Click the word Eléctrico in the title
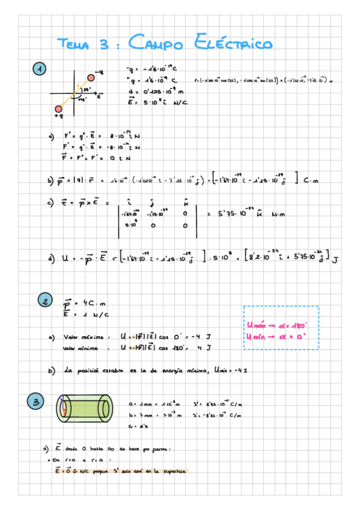(x=234, y=43)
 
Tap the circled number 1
(x=39, y=69)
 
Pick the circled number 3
(x=36, y=401)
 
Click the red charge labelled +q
(x=58, y=109)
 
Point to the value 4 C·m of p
(x=90, y=303)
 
